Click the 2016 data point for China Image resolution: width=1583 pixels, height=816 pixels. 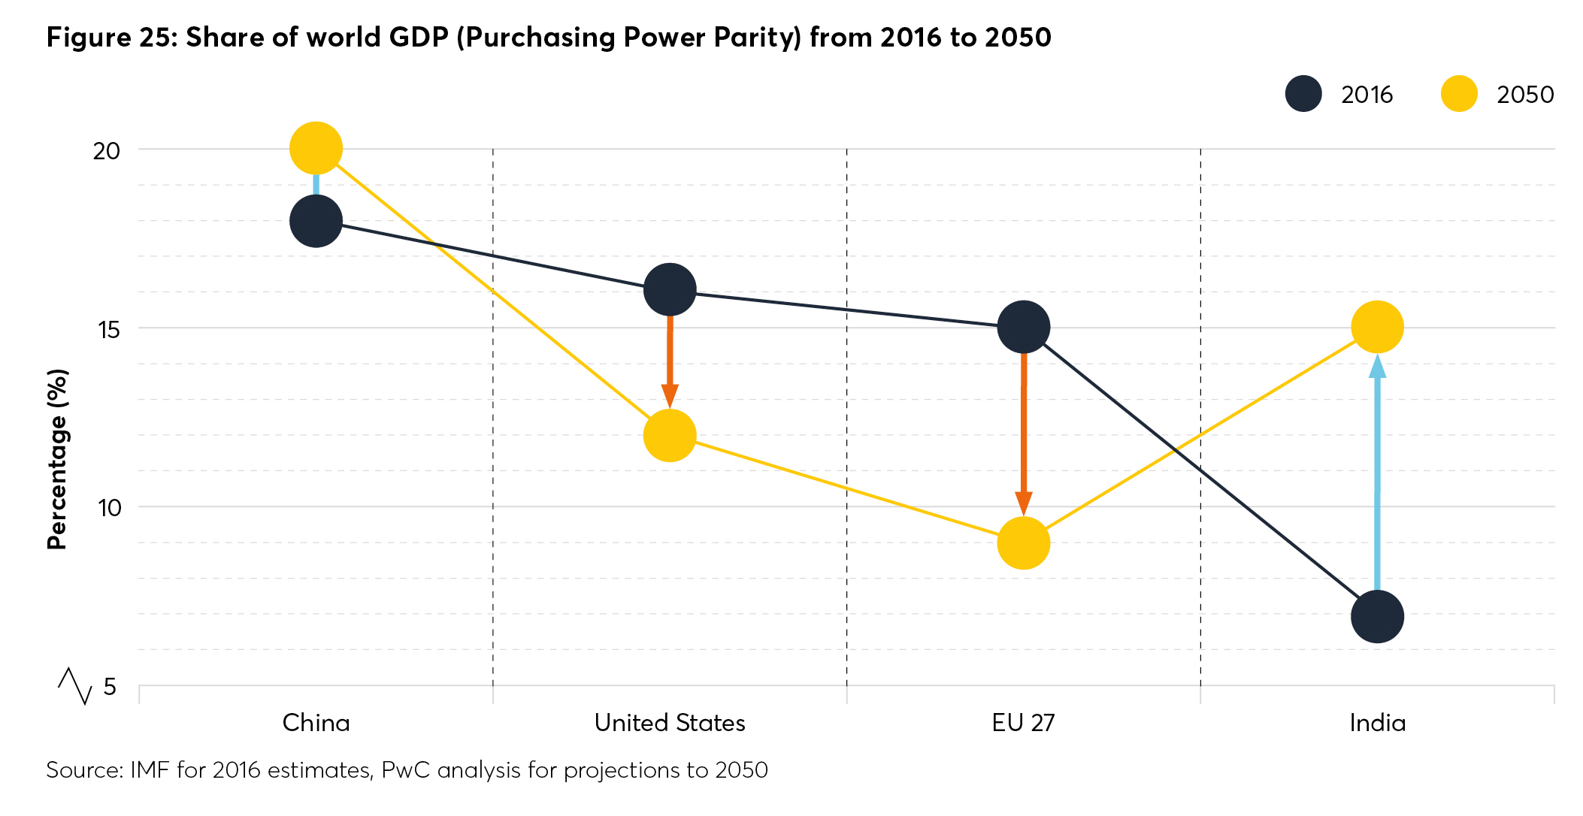[316, 221]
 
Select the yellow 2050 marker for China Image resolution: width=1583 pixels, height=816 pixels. [316, 148]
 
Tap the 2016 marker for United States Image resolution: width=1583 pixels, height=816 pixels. [670, 289]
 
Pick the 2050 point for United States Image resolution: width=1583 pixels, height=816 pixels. [670, 435]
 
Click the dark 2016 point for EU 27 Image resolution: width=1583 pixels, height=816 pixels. [1024, 327]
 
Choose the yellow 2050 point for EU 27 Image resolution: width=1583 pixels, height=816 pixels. [1024, 542]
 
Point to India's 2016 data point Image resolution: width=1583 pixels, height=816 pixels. [1377, 616]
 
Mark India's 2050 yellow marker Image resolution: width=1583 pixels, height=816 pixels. [1377, 327]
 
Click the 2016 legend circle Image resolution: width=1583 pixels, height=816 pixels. [1303, 94]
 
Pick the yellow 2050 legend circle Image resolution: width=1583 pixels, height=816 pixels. [1459, 94]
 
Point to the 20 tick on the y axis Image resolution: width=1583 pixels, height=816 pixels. [106, 150]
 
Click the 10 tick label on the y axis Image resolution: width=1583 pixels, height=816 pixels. [109, 508]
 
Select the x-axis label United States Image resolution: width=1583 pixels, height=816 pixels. [670, 723]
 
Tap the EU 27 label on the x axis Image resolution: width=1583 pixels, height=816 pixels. [1023, 723]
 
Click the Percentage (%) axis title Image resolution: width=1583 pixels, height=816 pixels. [57, 458]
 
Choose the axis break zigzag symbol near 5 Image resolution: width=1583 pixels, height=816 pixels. [75, 685]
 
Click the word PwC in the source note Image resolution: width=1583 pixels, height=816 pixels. [405, 770]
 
